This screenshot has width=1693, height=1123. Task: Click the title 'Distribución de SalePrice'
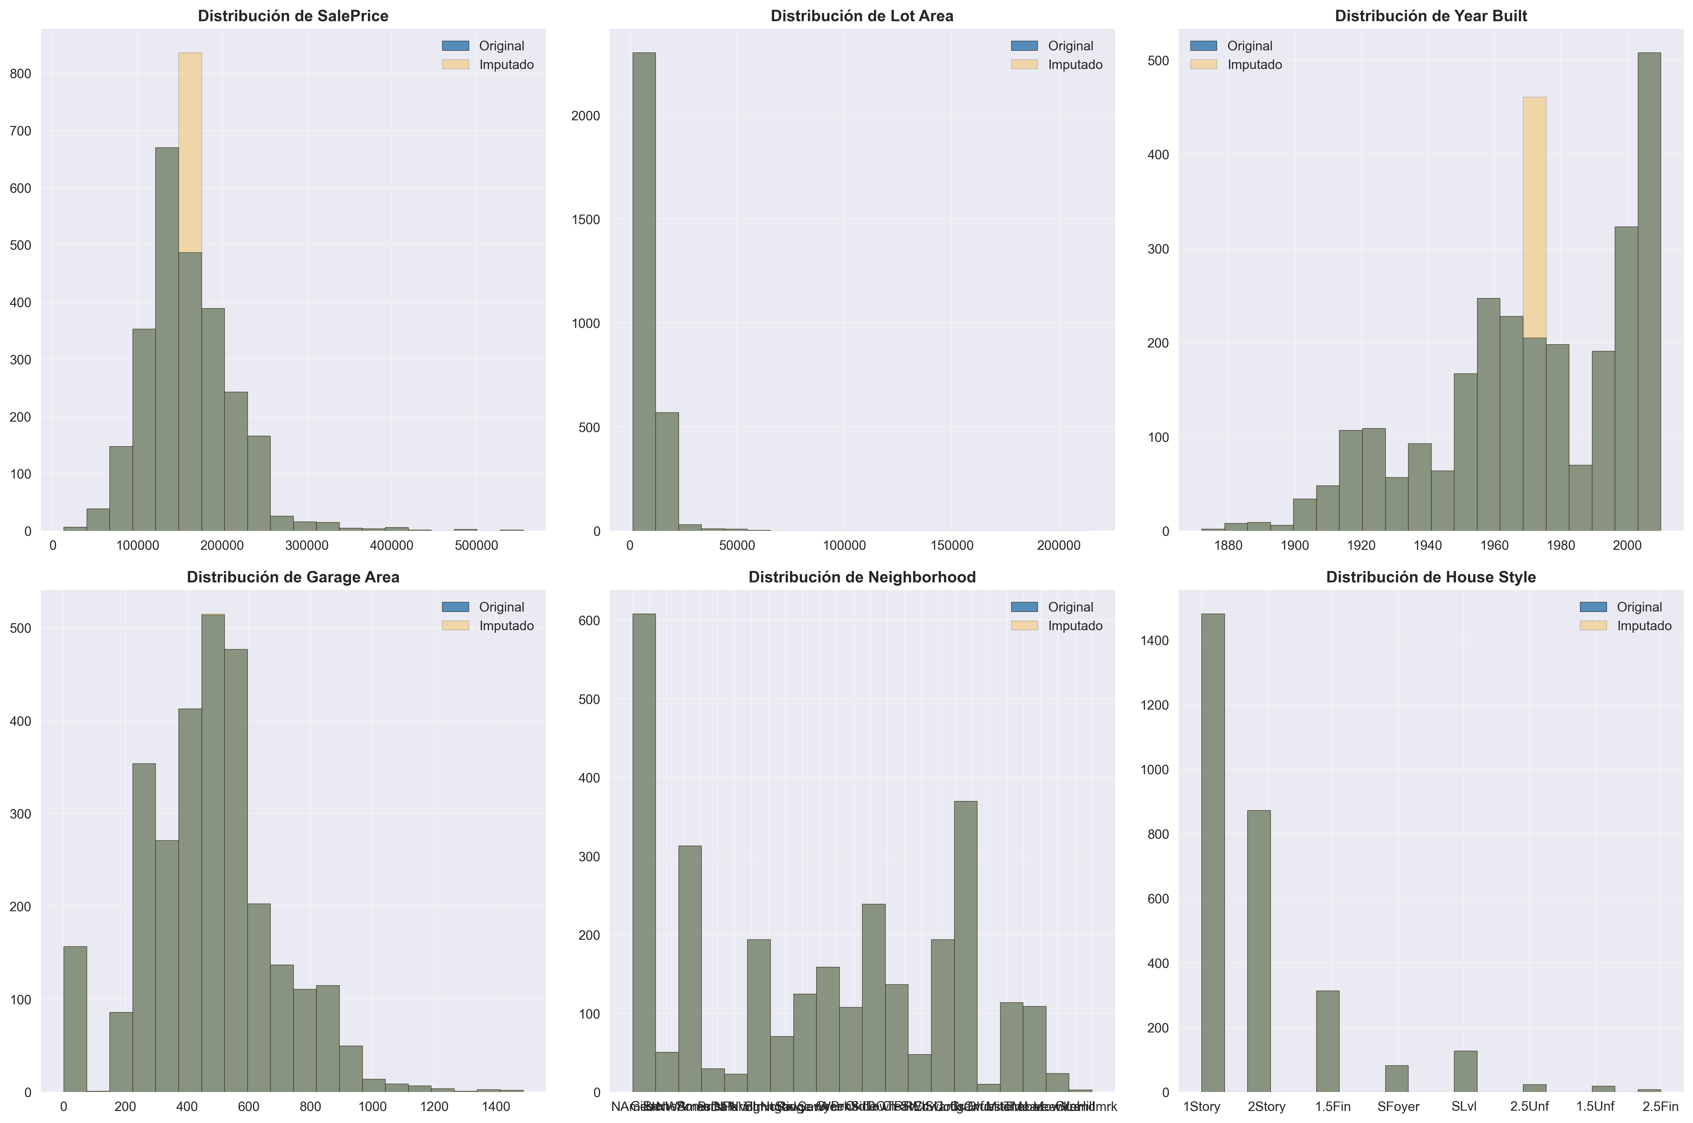293,16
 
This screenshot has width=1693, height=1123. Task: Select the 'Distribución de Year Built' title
1430,16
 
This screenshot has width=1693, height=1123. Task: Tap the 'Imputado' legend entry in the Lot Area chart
1074,65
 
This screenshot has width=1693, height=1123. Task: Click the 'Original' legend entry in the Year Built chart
1249,46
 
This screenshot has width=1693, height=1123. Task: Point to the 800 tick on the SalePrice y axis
21,74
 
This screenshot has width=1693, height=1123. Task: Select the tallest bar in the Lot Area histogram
643,286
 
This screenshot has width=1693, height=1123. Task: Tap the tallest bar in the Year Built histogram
1649,286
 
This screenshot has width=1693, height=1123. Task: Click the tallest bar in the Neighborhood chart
643,852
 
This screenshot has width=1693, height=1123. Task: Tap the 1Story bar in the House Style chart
1213,852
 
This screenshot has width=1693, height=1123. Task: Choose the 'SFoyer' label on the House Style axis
1398,1107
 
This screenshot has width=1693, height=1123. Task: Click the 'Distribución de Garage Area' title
293,577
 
